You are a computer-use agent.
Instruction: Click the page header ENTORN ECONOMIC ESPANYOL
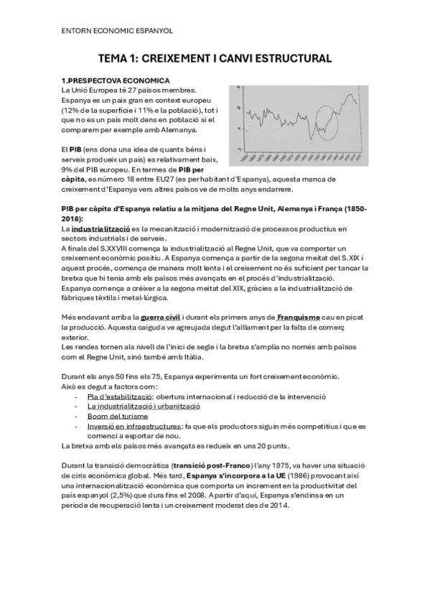click(x=117, y=31)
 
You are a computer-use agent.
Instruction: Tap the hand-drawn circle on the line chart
click(x=329, y=121)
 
